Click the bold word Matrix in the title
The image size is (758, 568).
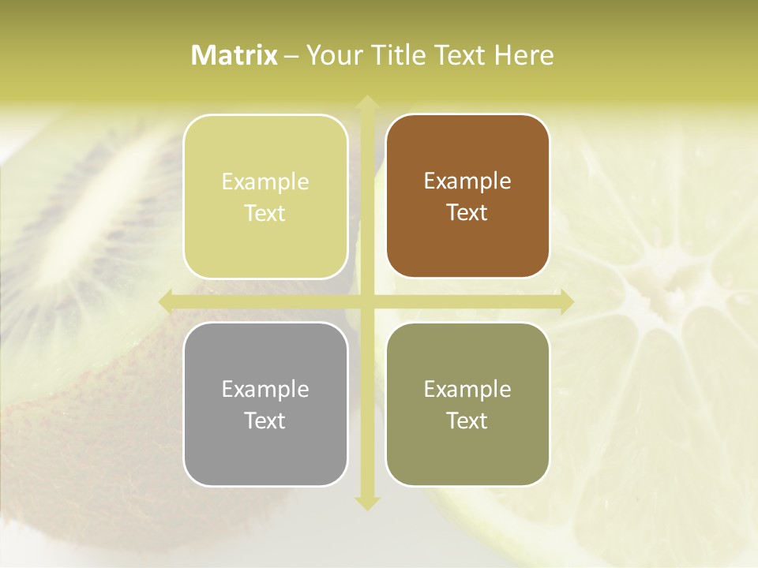click(235, 55)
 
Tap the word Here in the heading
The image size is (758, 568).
click(523, 55)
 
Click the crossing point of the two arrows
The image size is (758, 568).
click(366, 301)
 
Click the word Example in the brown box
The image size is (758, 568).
click(467, 181)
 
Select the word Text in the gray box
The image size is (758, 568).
click(265, 420)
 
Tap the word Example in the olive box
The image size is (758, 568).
click(467, 389)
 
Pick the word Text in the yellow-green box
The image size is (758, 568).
click(265, 213)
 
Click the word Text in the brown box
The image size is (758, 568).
click(467, 212)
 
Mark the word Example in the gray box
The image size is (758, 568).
click(265, 389)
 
